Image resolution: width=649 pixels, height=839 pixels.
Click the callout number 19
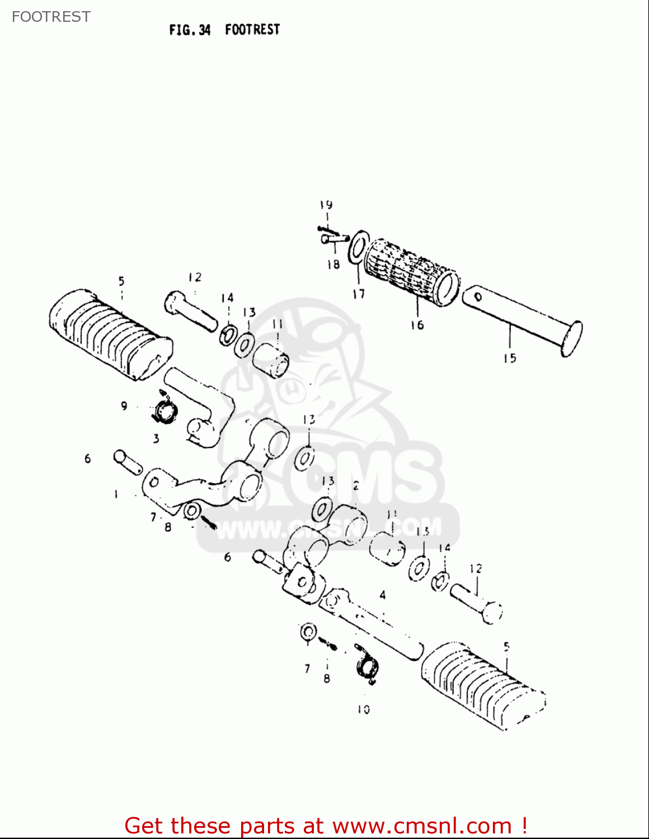326,205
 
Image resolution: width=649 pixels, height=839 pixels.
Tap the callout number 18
333,264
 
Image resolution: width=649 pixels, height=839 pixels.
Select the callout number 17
359,294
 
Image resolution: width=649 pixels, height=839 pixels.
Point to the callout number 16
417,325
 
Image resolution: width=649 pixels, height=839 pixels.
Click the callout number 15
510,358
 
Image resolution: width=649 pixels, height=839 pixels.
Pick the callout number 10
364,709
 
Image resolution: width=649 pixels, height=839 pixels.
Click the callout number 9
124,406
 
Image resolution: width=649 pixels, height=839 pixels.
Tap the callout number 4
383,595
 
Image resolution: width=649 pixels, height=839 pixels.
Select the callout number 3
156,439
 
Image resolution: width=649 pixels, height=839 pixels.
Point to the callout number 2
356,486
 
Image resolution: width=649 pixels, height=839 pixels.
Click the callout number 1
116,494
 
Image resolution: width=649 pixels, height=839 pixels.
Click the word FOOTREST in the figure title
252,30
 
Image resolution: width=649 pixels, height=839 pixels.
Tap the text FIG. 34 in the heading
190,30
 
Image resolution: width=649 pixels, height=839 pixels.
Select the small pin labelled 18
333,239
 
